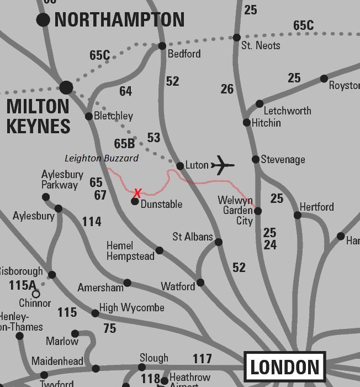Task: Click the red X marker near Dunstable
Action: click(137, 192)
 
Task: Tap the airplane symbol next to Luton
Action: click(223, 165)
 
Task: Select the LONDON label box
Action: click(285, 367)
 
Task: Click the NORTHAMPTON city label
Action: click(119, 20)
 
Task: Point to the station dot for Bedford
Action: click(162, 46)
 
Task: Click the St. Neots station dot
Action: click(236, 38)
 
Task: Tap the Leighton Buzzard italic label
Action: click(102, 158)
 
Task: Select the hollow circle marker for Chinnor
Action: click(36, 294)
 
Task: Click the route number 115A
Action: click(23, 285)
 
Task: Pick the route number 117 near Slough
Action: click(202, 359)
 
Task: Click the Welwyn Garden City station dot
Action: click(257, 211)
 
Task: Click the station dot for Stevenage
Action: click(255, 159)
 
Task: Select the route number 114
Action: click(92, 222)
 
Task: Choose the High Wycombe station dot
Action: click(95, 313)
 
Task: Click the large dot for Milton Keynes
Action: click(66, 87)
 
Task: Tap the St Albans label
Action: click(192, 237)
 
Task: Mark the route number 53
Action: click(153, 137)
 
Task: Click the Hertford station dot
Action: click(298, 215)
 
